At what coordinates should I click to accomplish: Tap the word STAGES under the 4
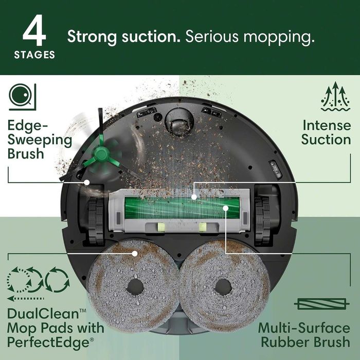(x=34, y=55)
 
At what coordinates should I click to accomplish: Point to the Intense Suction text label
(x=326, y=132)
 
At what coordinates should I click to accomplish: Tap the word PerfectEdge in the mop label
(x=48, y=340)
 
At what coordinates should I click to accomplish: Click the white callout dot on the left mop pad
(x=135, y=253)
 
